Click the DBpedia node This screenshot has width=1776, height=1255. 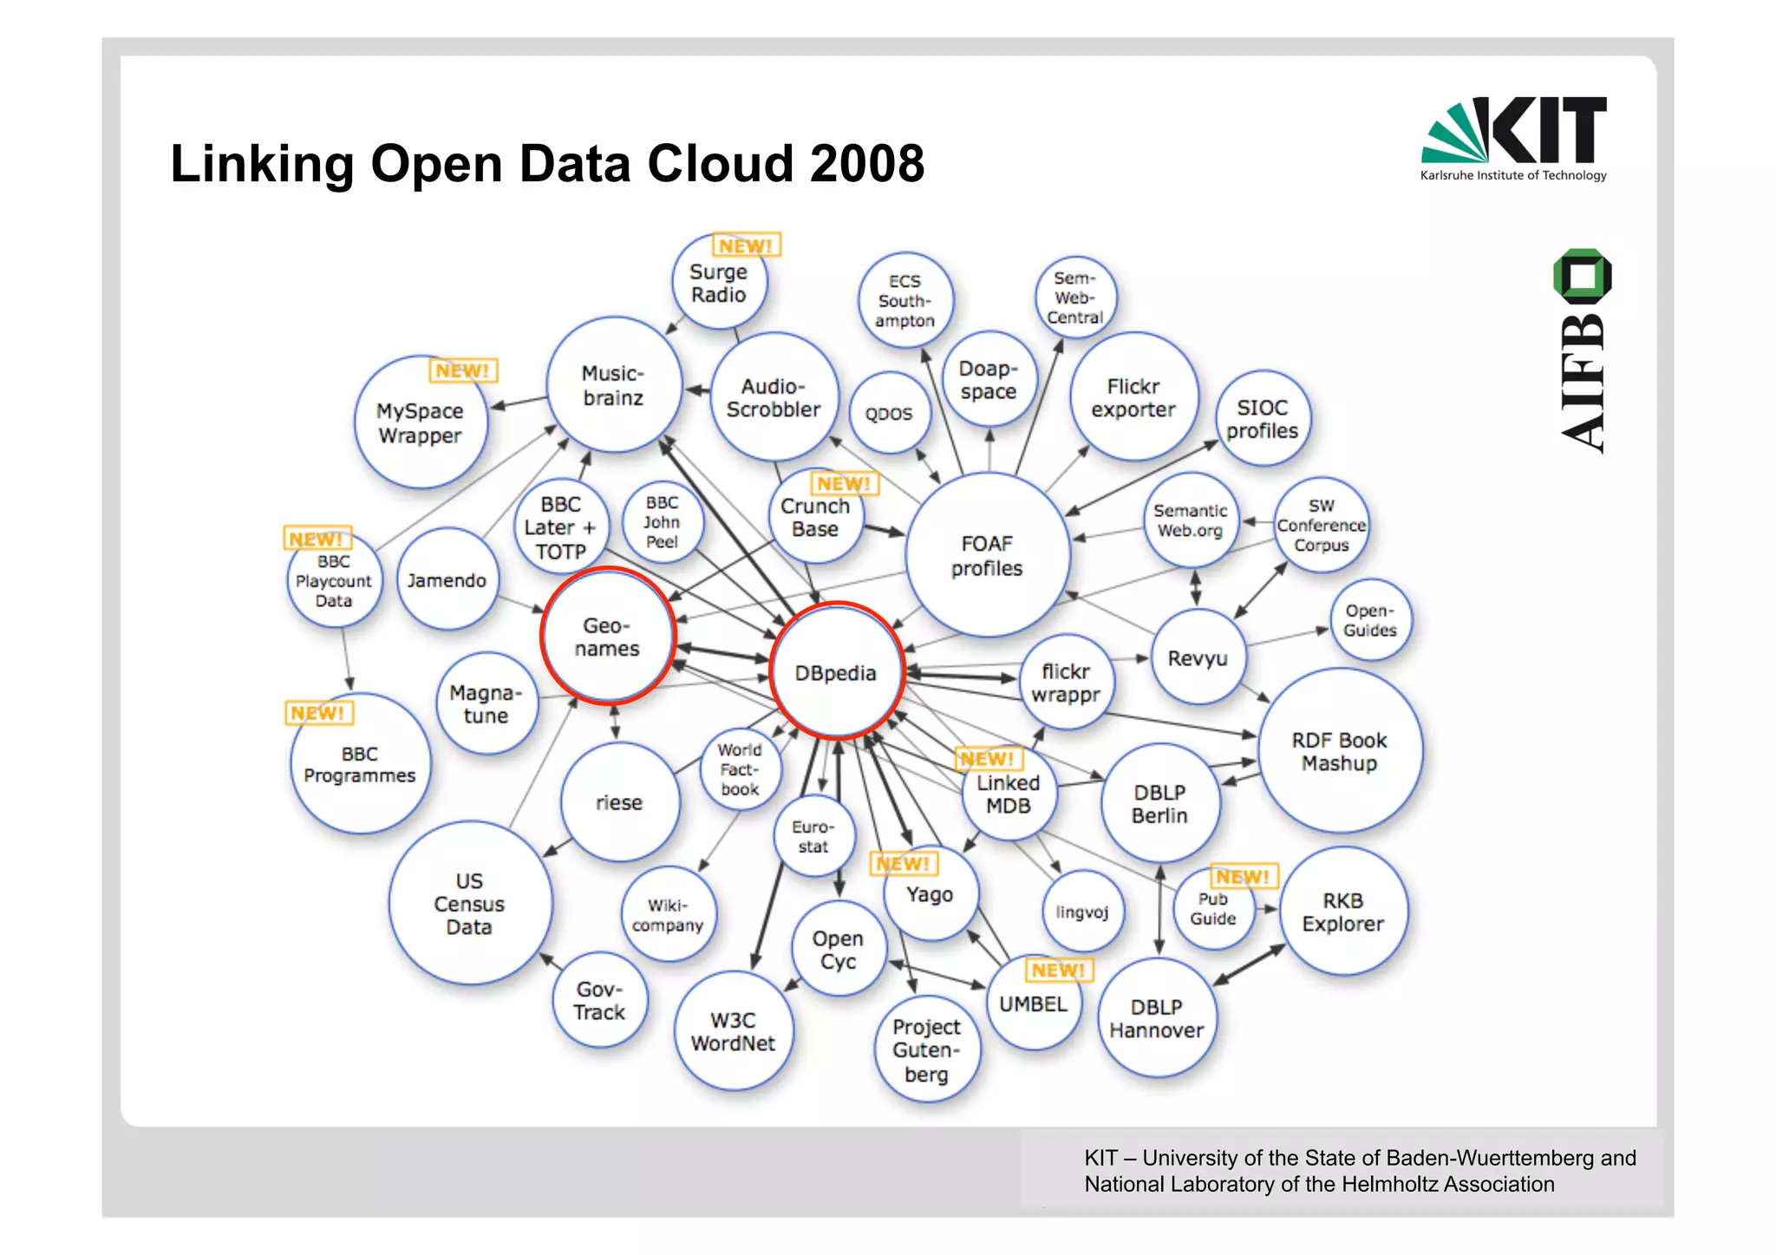[836, 672]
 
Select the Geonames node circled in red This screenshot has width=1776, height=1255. [607, 637]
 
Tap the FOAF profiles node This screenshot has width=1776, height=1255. [987, 556]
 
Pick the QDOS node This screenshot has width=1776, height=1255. [889, 414]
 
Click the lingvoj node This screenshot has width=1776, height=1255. [1082, 912]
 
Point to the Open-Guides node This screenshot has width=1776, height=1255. [1370, 620]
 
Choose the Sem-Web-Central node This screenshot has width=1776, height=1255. [1075, 297]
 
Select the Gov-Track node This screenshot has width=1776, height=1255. [599, 1000]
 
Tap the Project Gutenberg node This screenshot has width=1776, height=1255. [926, 1049]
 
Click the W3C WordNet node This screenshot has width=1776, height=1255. [734, 1031]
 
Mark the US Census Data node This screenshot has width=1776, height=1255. [469, 904]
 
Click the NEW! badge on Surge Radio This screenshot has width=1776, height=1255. [746, 245]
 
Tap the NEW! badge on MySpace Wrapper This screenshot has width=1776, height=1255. [463, 370]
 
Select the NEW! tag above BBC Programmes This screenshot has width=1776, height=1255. [318, 713]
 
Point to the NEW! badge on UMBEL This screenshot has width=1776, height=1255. [1059, 970]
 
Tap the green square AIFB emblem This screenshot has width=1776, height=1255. [1583, 276]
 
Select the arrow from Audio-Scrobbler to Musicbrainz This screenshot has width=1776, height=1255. [698, 390]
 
